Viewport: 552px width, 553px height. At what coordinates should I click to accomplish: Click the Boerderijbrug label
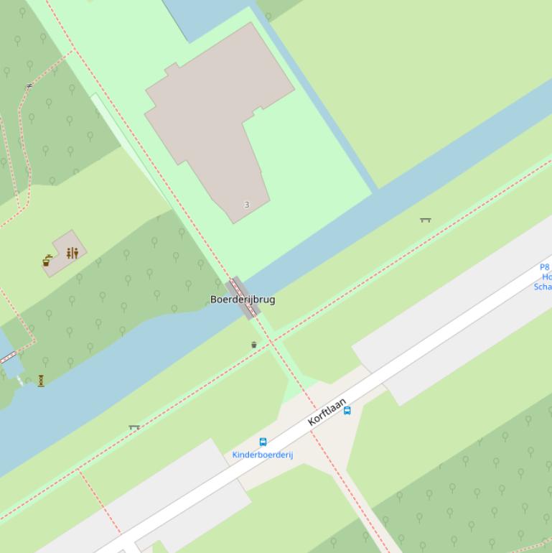(x=242, y=299)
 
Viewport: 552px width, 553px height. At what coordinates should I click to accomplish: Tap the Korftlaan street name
(x=327, y=412)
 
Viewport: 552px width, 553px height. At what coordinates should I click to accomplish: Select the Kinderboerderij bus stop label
(x=262, y=455)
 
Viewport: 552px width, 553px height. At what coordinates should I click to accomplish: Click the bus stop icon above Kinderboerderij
(x=263, y=442)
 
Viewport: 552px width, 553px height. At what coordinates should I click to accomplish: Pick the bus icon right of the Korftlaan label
(x=347, y=410)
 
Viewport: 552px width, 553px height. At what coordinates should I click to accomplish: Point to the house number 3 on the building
(x=247, y=205)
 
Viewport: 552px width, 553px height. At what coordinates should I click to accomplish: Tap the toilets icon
(x=72, y=253)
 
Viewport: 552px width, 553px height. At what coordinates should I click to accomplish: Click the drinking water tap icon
(x=47, y=261)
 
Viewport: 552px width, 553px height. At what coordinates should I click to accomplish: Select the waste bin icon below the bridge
(x=254, y=345)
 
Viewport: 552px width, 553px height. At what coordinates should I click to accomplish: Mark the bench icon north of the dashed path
(x=425, y=220)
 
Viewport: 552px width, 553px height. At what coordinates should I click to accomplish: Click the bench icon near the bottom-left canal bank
(x=134, y=427)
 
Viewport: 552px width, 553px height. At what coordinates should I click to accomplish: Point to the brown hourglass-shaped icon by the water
(x=41, y=381)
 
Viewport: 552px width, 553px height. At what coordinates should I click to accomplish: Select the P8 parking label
(x=544, y=267)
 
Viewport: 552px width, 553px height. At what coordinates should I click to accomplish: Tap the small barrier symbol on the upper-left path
(x=29, y=86)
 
